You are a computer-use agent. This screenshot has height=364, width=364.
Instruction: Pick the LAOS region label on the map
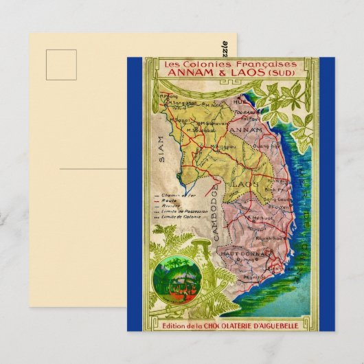242,184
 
